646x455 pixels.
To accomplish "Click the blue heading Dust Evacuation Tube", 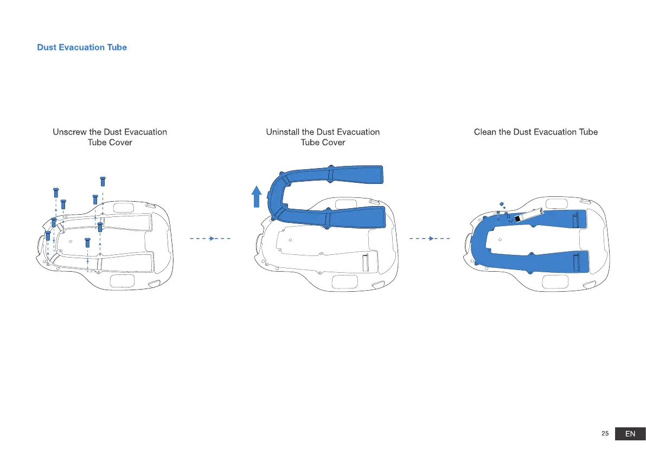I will [x=82, y=47].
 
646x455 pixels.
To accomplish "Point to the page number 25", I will [x=605, y=434].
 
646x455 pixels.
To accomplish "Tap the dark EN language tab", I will [x=630, y=434].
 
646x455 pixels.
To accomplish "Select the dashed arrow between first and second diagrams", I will [x=210, y=238].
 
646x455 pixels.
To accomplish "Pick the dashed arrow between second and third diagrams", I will [x=430, y=238].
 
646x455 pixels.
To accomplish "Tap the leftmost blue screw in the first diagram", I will [x=48, y=236].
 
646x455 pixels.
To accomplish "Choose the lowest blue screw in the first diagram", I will [x=87, y=242].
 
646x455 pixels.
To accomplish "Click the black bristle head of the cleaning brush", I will [x=517, y=218].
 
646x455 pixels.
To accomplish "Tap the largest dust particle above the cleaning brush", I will [x=502, y=204].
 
